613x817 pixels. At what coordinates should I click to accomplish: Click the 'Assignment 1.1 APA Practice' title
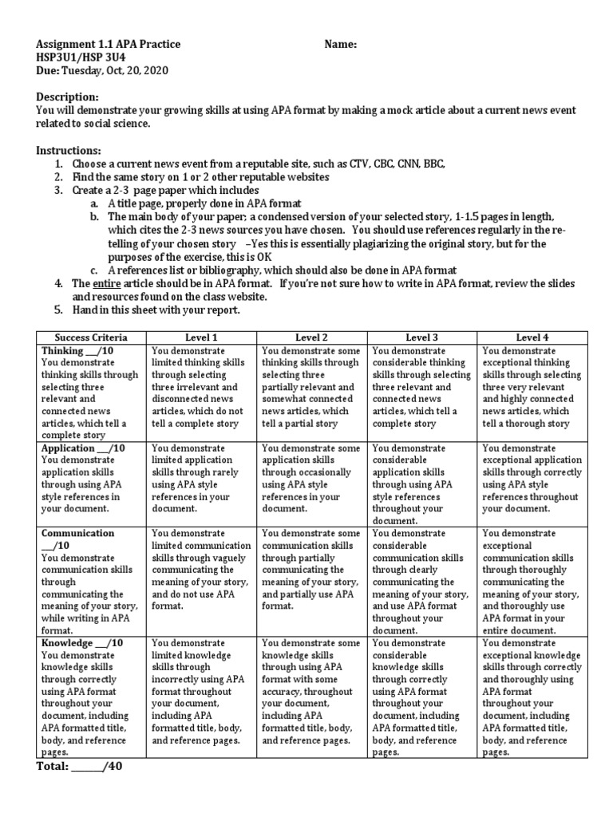109,45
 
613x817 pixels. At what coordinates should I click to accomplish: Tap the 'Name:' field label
341,45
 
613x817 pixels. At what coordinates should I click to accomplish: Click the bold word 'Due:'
49,70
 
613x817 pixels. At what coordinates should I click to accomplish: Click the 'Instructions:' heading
69,150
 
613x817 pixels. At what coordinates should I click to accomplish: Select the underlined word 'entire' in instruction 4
108,283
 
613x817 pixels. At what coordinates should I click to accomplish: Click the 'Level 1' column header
201,337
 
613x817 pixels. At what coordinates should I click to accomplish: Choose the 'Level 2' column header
312,337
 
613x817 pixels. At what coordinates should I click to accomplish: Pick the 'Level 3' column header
421,337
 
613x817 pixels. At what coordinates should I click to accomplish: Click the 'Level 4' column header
532,337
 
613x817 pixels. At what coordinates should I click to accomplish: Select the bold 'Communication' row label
77,533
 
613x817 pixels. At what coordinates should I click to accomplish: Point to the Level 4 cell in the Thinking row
532,387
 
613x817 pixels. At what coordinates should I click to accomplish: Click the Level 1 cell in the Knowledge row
201,692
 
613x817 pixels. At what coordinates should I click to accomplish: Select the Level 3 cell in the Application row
421,483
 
